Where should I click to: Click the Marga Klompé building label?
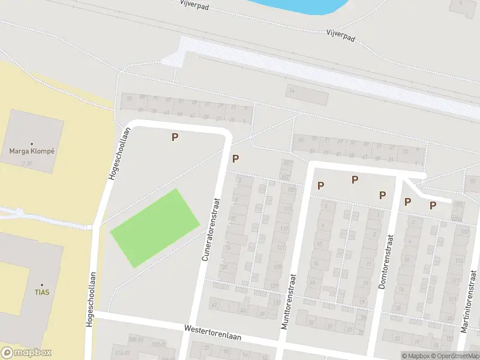[32, 151]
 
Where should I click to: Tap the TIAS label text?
[41, 292]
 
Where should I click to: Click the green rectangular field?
[155, 228]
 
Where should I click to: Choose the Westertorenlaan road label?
[212, 333]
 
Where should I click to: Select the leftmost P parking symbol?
[175, 137]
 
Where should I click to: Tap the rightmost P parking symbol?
[433, 206]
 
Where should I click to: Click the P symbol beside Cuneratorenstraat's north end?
[236, 159]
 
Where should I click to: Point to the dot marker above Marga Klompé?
[32, 143]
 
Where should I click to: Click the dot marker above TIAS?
[41, 284]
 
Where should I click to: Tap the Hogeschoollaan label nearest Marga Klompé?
[118, 153]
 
